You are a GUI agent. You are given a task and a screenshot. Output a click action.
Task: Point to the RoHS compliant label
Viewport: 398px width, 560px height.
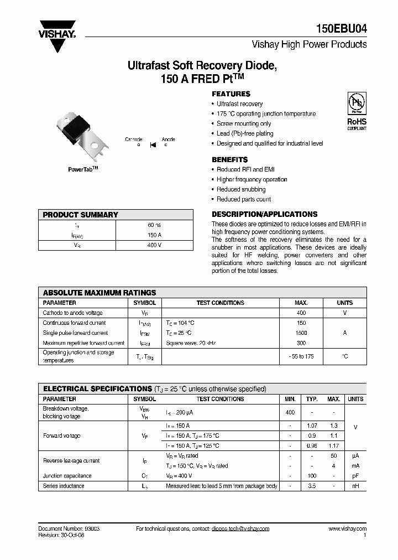356,123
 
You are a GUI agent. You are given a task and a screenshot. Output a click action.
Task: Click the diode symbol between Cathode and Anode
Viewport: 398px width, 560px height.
152,144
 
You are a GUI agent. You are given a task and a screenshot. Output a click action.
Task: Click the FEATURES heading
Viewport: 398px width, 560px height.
231,94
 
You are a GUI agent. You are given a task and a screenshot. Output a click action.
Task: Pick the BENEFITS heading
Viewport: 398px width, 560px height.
230,159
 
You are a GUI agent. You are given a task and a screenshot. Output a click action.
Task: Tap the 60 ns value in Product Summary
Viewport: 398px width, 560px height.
154,225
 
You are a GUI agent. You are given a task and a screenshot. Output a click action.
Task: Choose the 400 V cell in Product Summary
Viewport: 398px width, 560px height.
154,245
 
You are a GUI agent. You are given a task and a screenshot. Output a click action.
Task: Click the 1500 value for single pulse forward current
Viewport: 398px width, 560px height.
301,333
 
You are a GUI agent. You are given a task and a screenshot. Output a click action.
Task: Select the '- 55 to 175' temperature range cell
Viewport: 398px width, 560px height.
301,356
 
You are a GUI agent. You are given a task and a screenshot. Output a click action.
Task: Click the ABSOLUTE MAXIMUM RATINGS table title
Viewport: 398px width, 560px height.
99,293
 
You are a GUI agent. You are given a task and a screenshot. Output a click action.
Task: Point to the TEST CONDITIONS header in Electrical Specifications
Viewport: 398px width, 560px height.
220,399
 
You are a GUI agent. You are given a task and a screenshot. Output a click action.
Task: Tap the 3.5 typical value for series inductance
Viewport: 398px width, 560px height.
312,486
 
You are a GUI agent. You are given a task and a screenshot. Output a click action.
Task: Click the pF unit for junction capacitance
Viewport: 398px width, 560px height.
355,476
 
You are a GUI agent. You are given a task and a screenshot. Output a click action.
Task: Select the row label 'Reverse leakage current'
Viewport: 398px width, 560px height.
71,460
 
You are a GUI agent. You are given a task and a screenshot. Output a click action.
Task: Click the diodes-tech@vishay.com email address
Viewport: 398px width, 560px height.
240,529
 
